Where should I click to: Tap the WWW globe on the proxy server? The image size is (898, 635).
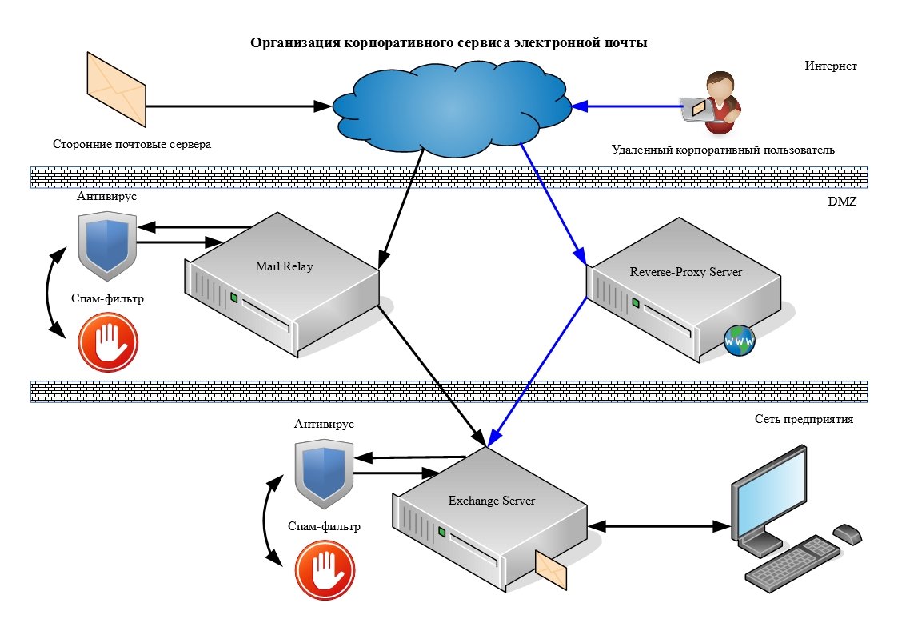point(738,341)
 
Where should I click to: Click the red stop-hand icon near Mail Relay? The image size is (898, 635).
point(107,342)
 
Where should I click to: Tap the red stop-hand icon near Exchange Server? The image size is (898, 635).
point(325,571)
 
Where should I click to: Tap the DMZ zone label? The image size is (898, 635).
point(841,203)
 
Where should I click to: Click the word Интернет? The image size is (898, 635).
point(831,66)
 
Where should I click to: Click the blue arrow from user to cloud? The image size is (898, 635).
point(628,105)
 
